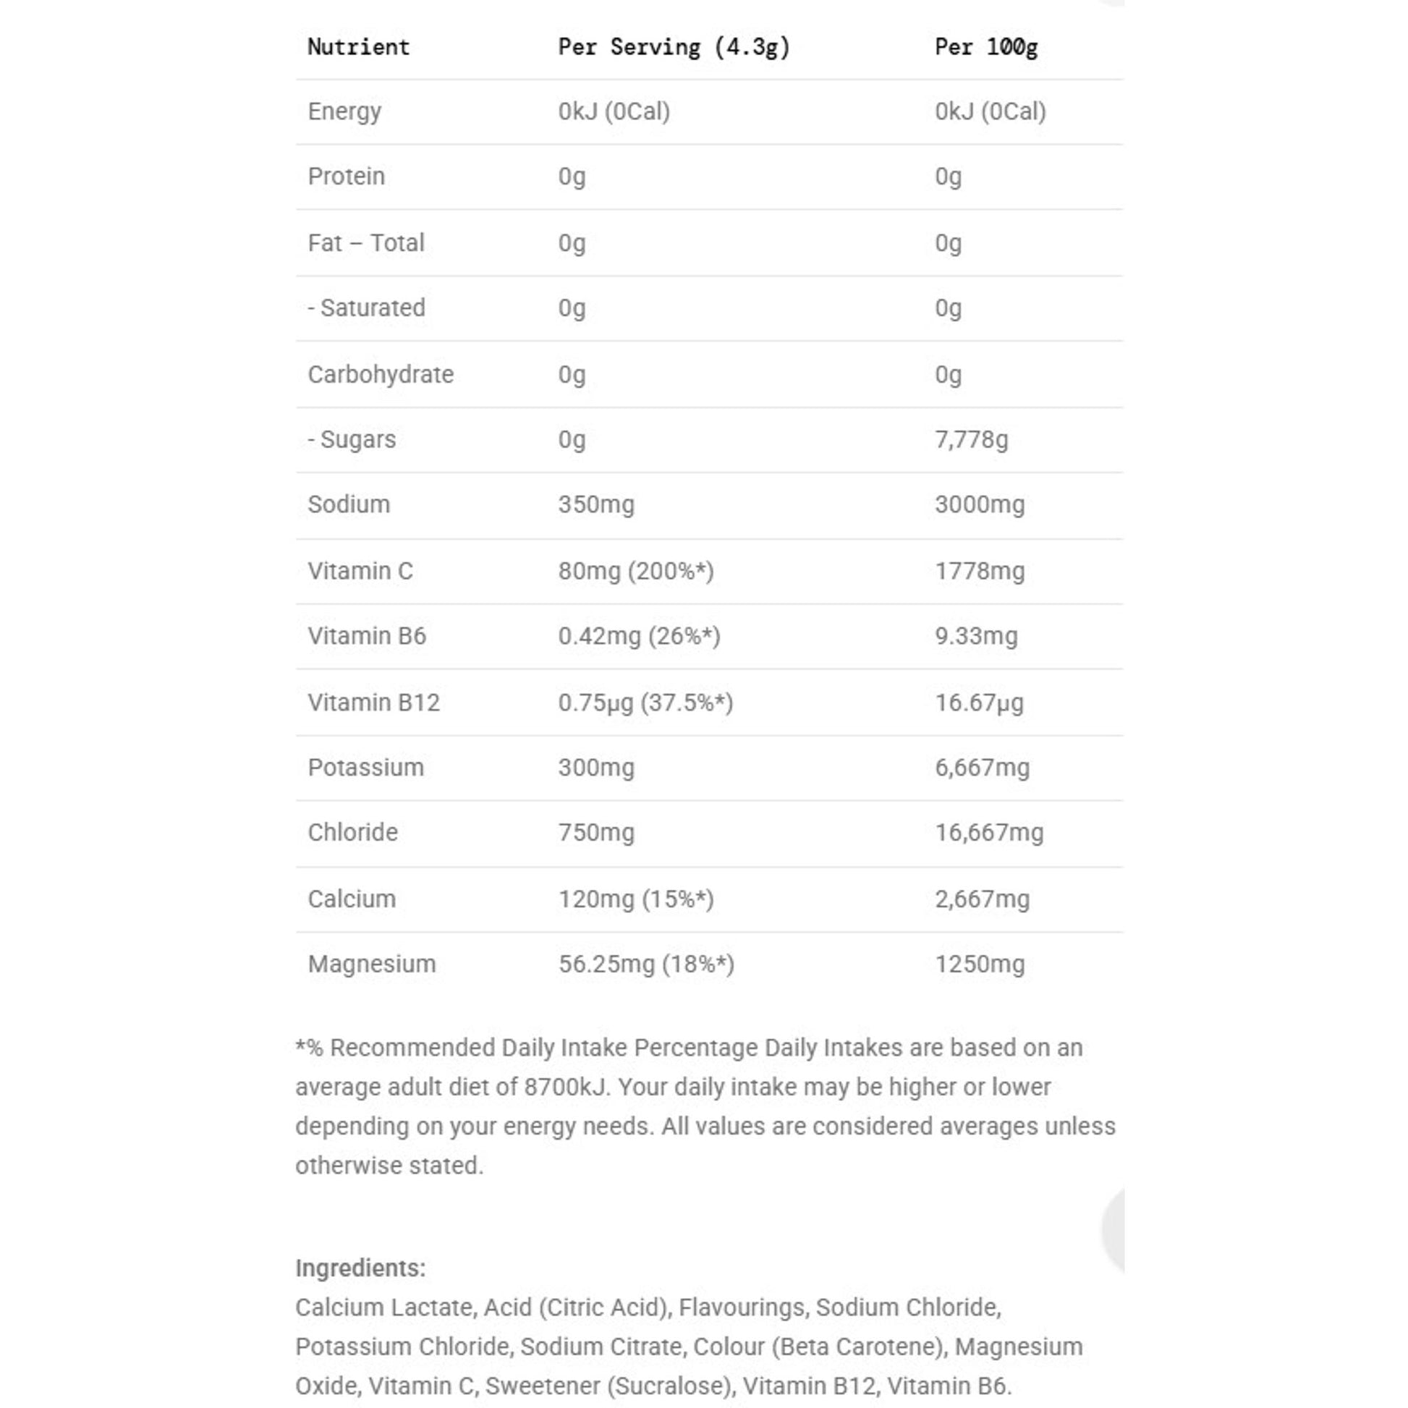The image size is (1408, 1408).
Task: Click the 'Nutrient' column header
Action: [359, 47]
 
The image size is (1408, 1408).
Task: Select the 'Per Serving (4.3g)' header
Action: [674, 47]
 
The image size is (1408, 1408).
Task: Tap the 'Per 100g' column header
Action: [986, 47]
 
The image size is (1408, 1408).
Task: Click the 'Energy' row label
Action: [344, 111]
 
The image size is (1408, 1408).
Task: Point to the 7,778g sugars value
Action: [972, 439]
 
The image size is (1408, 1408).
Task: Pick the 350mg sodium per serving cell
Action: [596, 504]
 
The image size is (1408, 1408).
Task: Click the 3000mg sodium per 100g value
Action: [980, 504]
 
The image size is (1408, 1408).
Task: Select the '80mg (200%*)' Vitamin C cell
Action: [635, 571]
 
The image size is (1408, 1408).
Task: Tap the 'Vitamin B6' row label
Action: [367, 635]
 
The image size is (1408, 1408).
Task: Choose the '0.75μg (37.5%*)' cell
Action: [645, 703]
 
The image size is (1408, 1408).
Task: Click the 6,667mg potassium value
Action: [983, 768]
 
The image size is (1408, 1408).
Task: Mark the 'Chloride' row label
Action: [353, 832]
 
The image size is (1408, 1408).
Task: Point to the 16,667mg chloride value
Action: [989, 832]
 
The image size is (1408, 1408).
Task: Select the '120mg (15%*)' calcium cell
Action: [635, 899]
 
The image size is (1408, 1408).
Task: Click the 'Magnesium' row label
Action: [372, 964]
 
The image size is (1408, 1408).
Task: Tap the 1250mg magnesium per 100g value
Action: [980, 964]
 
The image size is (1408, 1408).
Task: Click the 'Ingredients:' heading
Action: [360, 1268]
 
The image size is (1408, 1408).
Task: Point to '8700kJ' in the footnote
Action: [566, 1087]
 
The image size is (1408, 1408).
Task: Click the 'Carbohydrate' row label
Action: [381, 375]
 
